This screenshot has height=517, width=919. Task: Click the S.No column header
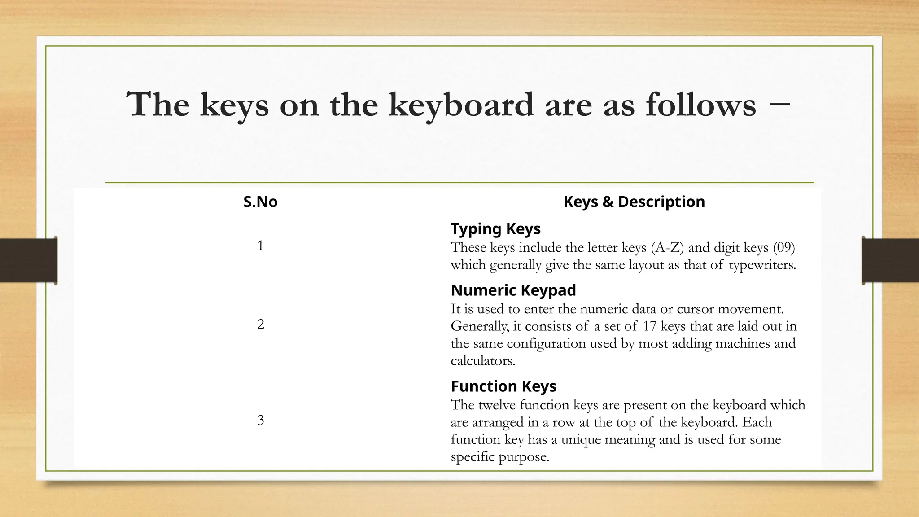point(260,202)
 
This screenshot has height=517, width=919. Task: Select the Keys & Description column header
point(634,202)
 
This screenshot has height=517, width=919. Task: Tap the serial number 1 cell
point(260,245)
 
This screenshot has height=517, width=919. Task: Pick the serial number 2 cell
point(260,324)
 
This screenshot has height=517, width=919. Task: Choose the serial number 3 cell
point(260,420)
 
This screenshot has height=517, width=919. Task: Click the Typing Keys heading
point(495,229)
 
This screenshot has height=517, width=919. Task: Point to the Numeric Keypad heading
point(513,290)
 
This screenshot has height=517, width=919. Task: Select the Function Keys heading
point(503,386)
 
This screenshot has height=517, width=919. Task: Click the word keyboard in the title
point(461,105)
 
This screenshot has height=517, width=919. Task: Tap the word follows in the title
point(701,105)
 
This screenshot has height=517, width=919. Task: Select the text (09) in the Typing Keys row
point(784,247)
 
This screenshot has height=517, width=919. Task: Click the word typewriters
point(762,265)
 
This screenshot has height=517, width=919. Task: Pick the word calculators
point(483,361)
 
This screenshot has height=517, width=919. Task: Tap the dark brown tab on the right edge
point(890,260)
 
